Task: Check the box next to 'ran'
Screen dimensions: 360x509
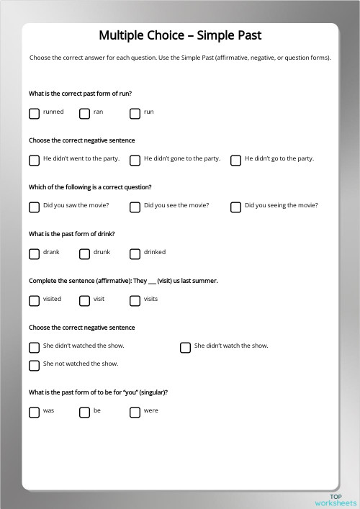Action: (x=84, y=113)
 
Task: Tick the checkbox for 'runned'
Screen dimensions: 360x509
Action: (x=34, y=113)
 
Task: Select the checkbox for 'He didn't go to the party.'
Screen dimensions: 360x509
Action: (x=235, y=160)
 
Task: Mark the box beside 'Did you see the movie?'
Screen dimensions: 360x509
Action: (x=135, y=207)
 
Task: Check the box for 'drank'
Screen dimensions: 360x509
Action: (x=34, y=253)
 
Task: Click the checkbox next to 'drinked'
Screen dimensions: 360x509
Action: (x=135, y=253)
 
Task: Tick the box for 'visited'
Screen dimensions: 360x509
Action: (x=34, y=300)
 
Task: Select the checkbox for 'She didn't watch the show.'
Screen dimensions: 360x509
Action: (x=185, y=347)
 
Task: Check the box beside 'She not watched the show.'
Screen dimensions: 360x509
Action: (x=34, y=365)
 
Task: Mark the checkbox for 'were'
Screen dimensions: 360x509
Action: (x=135, y=412)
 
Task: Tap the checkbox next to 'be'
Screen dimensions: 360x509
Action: (x=84, y=412)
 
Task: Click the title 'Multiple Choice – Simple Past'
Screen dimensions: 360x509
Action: (x=180, y=35)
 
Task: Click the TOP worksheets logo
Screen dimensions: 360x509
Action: (x=336, y=500)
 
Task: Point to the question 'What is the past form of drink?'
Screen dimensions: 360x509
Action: (x=72, y=234)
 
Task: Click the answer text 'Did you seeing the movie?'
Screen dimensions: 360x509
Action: (x=281, y=206)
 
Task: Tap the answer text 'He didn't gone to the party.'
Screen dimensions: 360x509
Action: (x=181, y=159)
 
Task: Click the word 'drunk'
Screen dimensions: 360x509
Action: (x=102, y=253)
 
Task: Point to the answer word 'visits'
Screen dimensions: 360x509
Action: (x=150, y=299)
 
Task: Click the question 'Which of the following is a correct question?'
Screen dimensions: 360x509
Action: (x=90, y=187)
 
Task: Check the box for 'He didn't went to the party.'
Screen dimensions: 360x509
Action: (x=34, y=160)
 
